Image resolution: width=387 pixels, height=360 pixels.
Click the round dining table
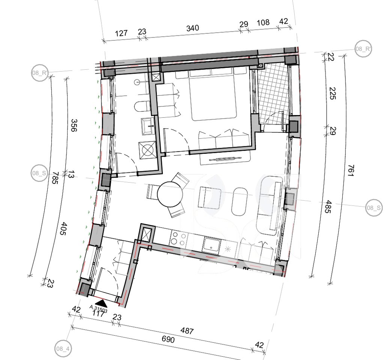[x=170, y=194]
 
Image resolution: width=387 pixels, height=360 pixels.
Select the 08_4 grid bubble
[x=63, y=349]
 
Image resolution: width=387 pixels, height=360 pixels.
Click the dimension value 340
[x=193, y=28]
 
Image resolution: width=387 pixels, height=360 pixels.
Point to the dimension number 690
[x=168, y=339]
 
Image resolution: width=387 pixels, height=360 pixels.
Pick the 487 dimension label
[x=187, y=331]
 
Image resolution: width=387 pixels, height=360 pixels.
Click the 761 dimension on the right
[x=351, y=170]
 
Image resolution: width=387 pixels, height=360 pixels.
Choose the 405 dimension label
[x=64, y=229]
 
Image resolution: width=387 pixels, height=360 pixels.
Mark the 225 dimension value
[x=333, y=93]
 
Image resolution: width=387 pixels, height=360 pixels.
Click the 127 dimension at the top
[x=121, y=33]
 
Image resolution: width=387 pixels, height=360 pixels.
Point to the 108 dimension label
[x=263, y=22]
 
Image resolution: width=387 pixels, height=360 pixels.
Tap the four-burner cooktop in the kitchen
[x=178, y=238]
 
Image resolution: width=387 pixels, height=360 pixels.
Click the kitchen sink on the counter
[x=211, y=245]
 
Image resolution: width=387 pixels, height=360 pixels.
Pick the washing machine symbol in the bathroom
[x=148, y=150]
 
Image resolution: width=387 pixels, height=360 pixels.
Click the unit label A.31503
[x=98, y=309]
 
